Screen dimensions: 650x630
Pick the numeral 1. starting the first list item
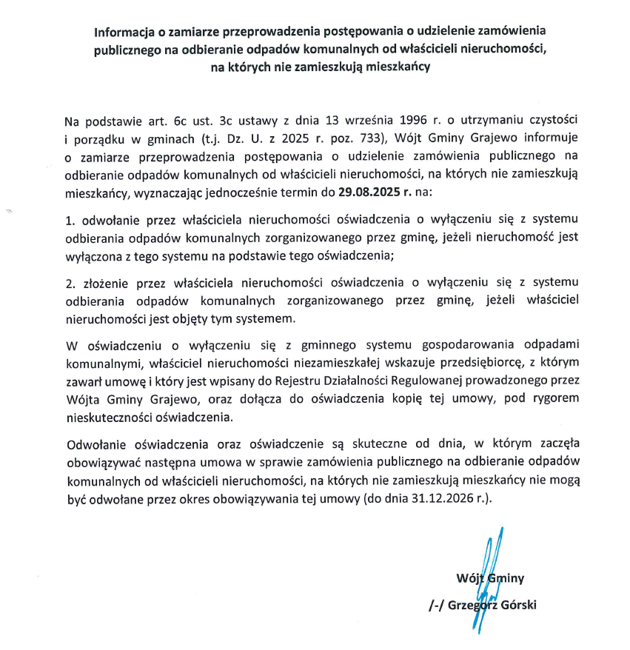pos(70,220)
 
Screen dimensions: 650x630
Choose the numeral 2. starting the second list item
pos(70,282)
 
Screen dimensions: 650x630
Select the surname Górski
pos(518,605)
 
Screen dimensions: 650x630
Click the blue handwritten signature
pos(486,585)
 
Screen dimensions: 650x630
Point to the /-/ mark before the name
pos(435,605)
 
